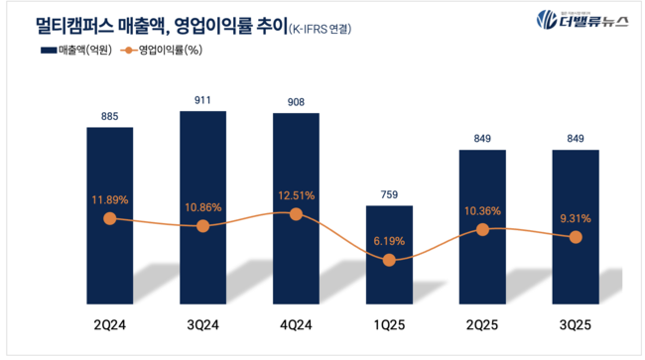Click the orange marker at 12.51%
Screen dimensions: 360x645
[x=296, y=214]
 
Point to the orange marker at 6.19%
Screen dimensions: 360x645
[x=389, y=260]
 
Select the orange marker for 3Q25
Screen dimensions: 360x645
[x=575, y=237]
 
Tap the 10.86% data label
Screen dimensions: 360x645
[x=202, y=206]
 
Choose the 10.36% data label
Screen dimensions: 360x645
[x=482, y=210]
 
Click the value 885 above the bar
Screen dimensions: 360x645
[x=109, y=117]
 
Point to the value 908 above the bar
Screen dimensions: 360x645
[x=296, y=100]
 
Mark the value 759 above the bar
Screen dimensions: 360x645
[x=389, y=194]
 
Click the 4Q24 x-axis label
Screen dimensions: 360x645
[x=296, y=325]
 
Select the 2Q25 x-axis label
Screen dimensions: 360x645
[x=482, y=325]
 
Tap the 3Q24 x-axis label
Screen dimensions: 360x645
[x=202, y=325]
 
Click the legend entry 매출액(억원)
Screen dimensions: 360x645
[x=75, y=50]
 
